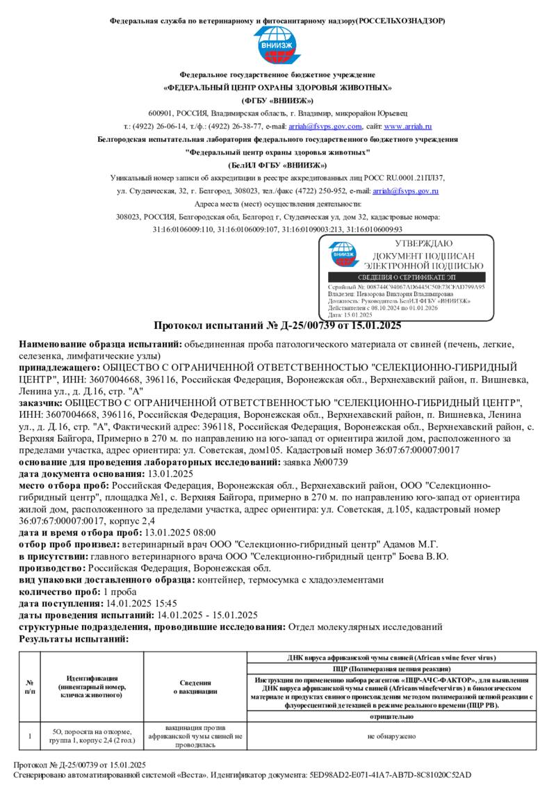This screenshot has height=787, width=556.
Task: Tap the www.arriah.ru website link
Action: (x=408, y=127)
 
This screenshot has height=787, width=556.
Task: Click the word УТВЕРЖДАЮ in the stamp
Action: (x=423, y=244)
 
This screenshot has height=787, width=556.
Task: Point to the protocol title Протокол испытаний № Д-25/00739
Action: (x=277, y=325)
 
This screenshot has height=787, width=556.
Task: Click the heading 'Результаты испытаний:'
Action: (x=74, y=638)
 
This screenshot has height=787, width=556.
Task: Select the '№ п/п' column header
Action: (x=30, y=686)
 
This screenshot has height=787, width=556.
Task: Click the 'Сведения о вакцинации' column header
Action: (x=195, y=686)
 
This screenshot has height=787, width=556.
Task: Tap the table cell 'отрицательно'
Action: (x=393, y=714)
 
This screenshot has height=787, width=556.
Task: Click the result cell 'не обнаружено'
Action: (x=393, y=736)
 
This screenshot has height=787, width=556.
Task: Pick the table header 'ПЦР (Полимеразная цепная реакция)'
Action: (x=393, y=668)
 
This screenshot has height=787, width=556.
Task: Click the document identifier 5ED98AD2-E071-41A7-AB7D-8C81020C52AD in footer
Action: (x=392, y=774)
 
